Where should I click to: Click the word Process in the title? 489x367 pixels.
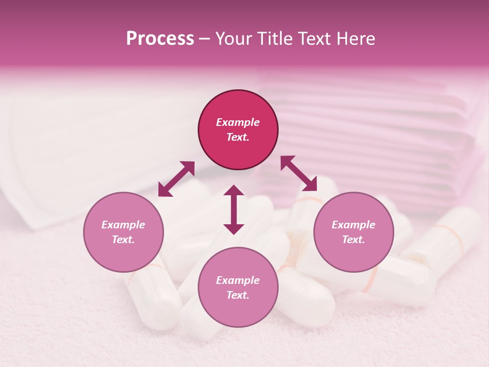[160, 39]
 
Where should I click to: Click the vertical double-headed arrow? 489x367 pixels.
[234, 210]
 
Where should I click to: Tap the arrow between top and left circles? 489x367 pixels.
[176, 179]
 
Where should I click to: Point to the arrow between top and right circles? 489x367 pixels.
[298, 173]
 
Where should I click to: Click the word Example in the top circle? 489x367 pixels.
[238, 122]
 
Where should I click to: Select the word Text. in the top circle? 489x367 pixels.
[238, 137]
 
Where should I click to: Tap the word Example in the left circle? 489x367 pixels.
[123, 225]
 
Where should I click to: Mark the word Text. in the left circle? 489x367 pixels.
[123, 240]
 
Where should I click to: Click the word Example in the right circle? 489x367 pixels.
[354, 225]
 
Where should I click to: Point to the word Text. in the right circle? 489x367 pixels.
[354, 240]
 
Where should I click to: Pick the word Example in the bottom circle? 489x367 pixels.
[238, 280]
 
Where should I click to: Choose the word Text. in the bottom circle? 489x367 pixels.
[238, 295]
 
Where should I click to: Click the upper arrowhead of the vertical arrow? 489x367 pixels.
[234, 191]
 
